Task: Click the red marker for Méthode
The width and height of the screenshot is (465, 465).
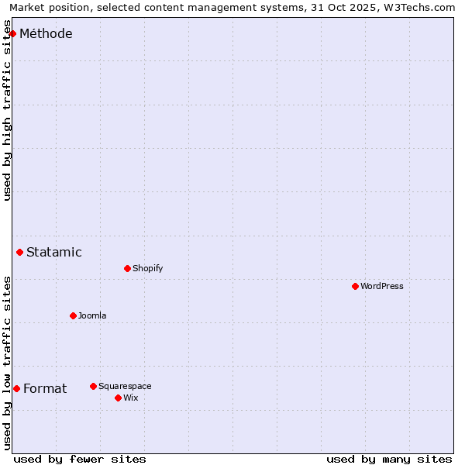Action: [13, 33]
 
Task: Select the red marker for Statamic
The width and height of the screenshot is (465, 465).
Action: [20, 252]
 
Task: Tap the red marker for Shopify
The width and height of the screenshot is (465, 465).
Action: [127, 268]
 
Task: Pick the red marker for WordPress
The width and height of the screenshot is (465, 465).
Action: [355, 286]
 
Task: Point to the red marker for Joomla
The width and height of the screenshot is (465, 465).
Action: [73, 315]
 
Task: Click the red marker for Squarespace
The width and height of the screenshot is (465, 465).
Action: [93, 386]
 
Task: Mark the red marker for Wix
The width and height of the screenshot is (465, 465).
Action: [118, 398]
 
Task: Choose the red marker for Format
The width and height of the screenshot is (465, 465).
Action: [16, 388]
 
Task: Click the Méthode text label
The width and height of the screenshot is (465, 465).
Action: [46, 33]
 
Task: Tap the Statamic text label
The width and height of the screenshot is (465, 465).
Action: [54, 252]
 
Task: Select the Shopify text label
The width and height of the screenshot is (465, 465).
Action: [148, 268]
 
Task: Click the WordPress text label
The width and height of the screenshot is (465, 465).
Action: [382, 286]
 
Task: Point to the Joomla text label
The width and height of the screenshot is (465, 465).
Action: [92, 315]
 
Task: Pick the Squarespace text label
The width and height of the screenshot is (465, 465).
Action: [125, 386]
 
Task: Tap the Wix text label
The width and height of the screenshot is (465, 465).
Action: [130, 398]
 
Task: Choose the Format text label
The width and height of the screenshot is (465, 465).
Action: [45, 388]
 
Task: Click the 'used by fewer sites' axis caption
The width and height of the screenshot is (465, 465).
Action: [80, 459]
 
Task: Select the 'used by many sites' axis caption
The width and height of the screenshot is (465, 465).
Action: [389, 459]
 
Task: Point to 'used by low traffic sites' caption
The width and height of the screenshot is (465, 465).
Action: [8, 363]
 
